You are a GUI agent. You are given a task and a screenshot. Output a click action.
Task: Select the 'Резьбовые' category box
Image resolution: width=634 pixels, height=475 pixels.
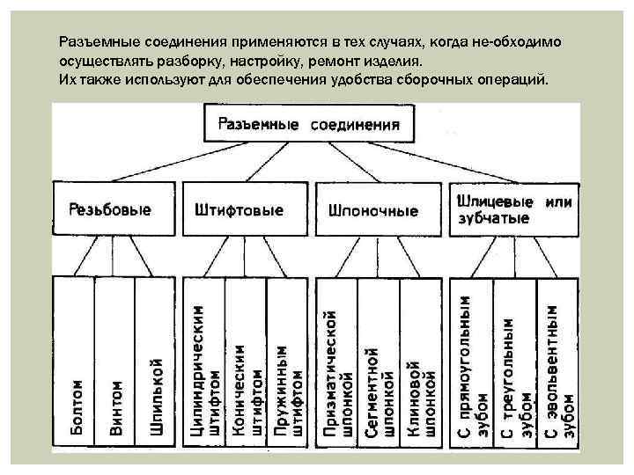tap(109, 210)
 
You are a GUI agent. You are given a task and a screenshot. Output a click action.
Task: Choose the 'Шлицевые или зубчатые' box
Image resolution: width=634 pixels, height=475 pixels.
tap(515, 209)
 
